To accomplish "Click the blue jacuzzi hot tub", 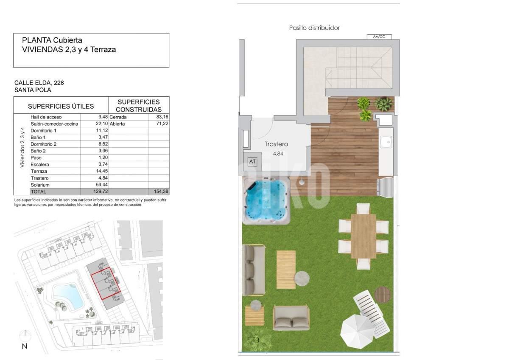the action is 266,200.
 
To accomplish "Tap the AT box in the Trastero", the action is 252,161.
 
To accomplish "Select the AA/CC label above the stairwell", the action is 379,37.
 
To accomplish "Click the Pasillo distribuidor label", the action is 314,28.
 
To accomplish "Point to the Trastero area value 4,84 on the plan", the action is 278,154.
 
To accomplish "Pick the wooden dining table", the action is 364,236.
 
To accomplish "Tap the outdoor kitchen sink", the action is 386,142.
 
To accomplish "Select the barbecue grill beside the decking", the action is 385,187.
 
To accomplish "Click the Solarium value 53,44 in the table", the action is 102,185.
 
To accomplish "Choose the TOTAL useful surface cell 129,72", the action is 101,191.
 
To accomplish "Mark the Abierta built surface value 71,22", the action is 162,124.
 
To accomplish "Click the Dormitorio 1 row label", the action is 43,130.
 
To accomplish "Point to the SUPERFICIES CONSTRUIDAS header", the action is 139,106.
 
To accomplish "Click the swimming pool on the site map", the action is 67,297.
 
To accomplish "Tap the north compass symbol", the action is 25,335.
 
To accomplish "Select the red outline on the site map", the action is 106,283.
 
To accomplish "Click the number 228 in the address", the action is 59,83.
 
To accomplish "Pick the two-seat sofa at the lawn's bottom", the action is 291,318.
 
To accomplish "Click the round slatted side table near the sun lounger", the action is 382,294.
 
